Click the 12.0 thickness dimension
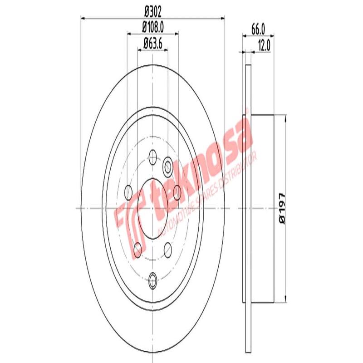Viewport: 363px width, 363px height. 264,45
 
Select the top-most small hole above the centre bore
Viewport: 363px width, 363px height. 152,157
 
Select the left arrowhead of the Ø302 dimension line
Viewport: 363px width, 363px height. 83,18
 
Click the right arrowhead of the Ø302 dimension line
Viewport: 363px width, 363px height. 223,18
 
